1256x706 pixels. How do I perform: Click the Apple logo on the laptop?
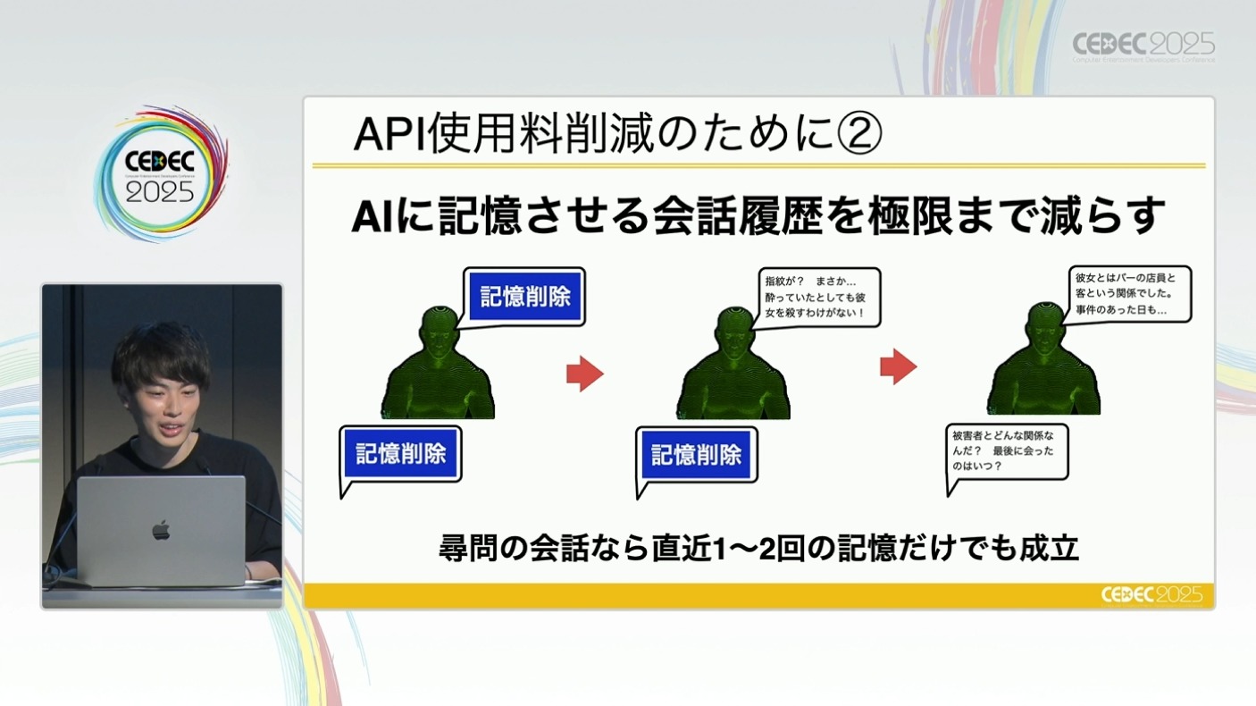click(161, 531)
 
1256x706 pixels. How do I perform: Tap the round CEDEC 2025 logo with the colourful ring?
click(161, 175)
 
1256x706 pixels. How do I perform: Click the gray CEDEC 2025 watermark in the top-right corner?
click(1143, 45)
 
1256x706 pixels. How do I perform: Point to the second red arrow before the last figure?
click(899, 366)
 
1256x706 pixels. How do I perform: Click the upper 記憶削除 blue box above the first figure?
click(525, 297)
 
